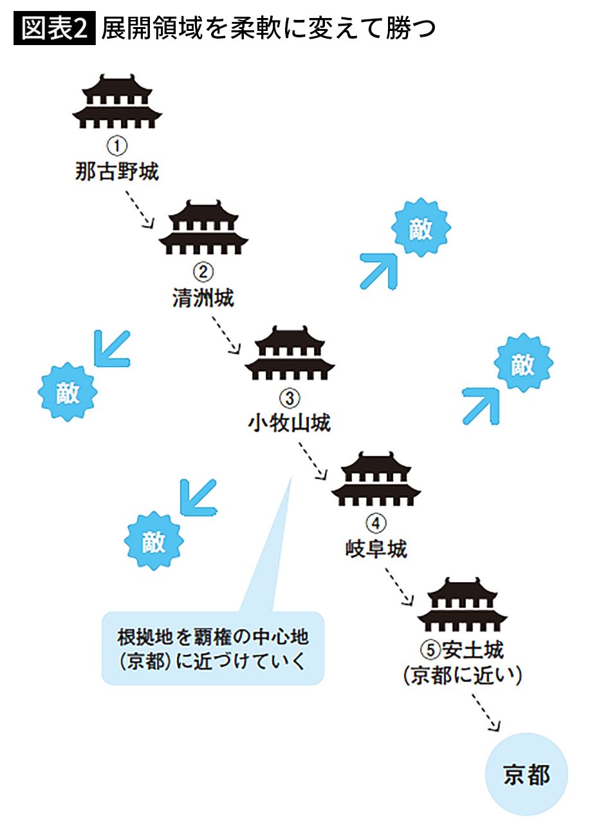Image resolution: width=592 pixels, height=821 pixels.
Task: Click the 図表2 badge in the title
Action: [54, 30]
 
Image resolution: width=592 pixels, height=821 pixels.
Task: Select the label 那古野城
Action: [116, 172]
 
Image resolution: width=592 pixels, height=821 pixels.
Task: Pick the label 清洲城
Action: [203, 297]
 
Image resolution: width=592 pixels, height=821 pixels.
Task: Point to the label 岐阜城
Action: [376, 549]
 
